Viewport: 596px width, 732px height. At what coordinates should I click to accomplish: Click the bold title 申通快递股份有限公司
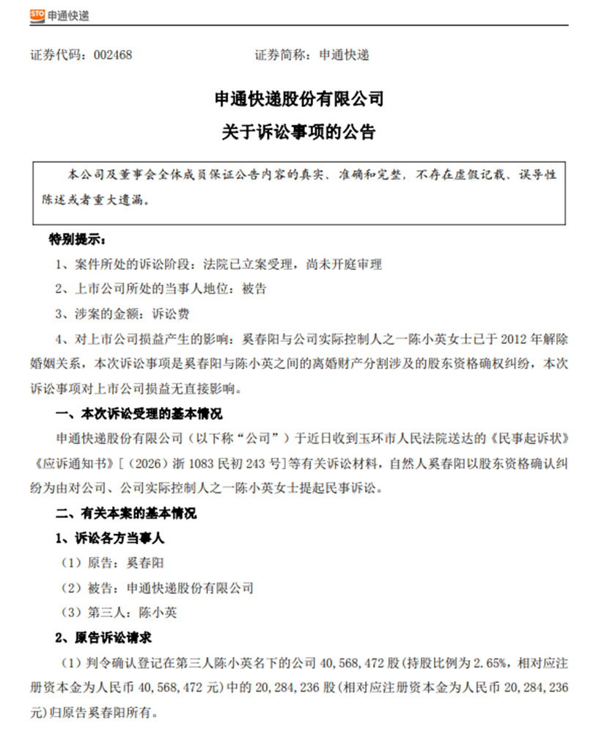pos(298,99)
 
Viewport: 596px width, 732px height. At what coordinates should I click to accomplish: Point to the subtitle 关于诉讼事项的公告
pos(298,133)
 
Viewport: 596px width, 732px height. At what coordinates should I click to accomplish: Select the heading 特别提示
pos(76,240)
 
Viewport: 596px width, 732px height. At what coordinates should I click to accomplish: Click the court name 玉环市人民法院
pos(395,439)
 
